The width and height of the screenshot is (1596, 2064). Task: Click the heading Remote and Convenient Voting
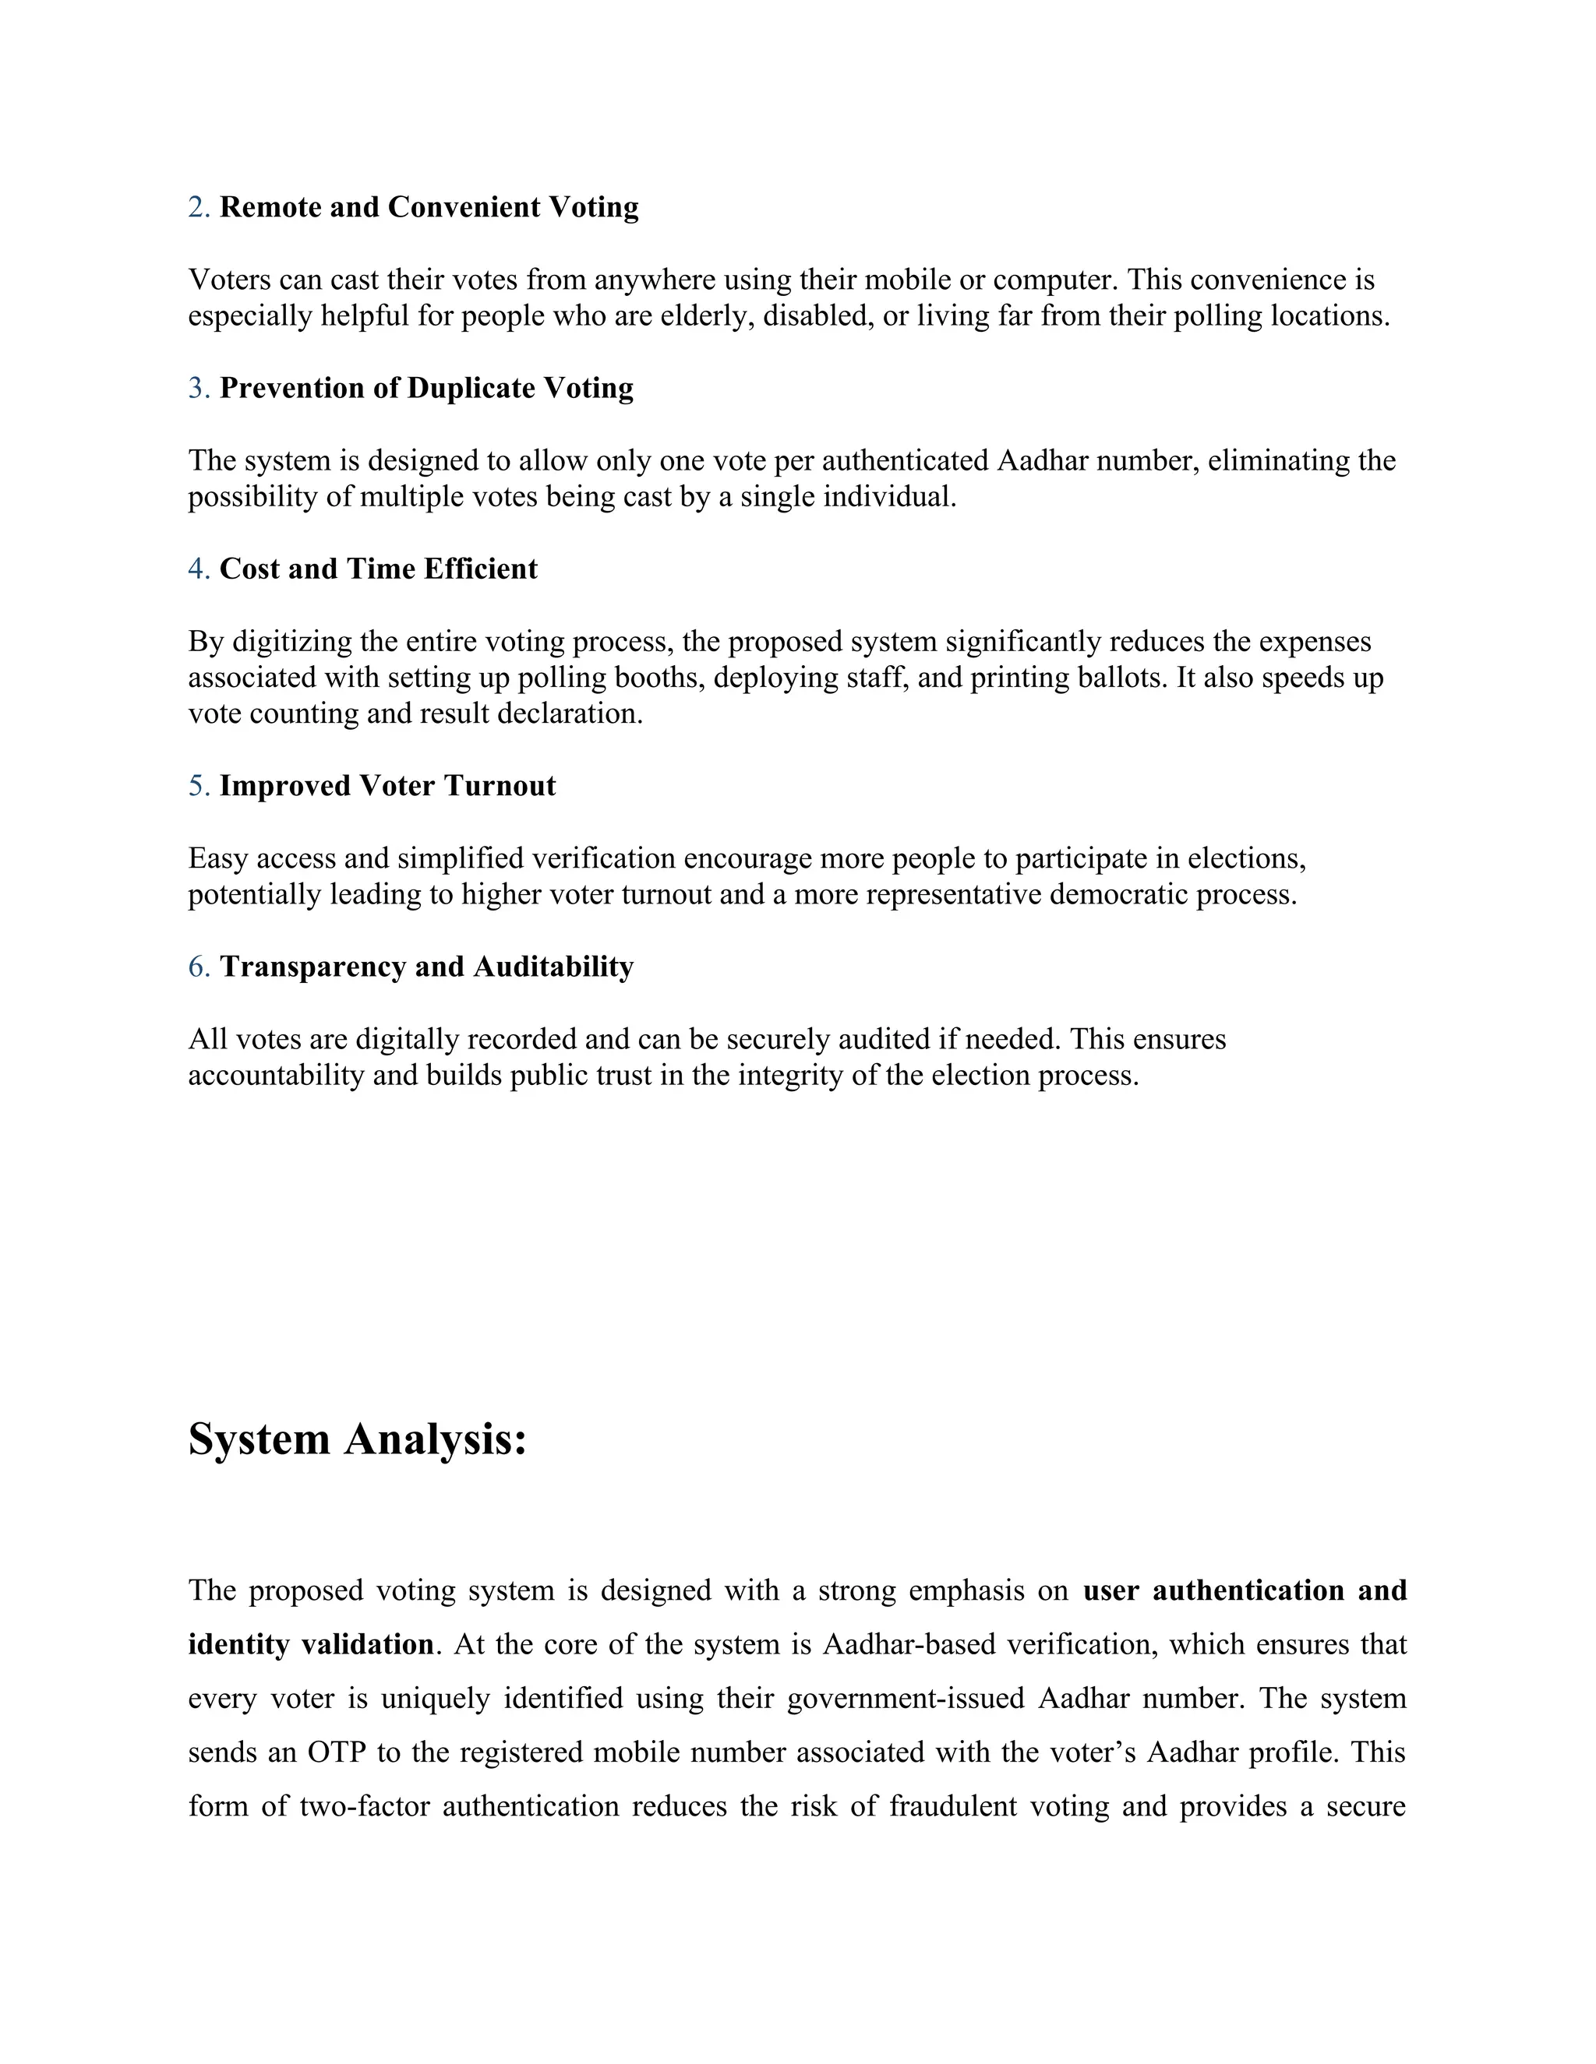click(429, 207)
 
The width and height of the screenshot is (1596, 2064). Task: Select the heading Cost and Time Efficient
click(378, 569)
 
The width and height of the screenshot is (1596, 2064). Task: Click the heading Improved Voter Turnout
click(387, 787)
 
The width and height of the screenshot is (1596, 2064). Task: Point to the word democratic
click(1118, 894)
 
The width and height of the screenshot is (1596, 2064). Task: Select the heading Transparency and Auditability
click(426, 967)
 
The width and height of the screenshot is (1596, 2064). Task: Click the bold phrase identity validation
click(310, 1644)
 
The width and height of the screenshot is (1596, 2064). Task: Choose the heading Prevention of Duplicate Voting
click(426, 389)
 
